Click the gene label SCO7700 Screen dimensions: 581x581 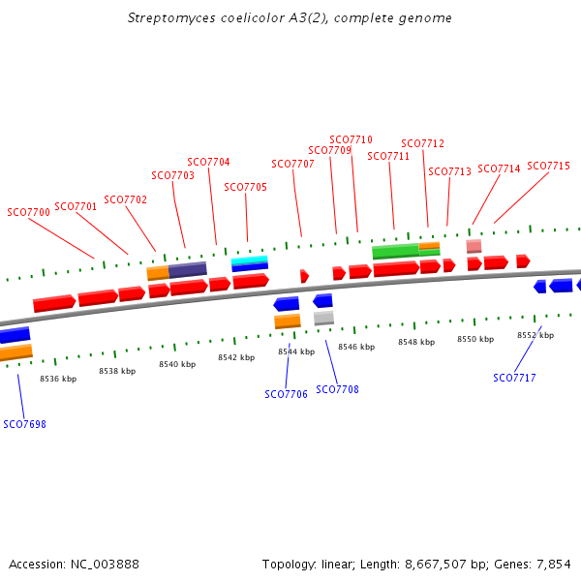[28, 212]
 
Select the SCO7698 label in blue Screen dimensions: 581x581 [24, 424]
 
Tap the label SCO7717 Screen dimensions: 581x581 [514, 378]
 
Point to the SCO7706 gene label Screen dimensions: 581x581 [286, 394]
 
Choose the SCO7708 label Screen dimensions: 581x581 [338, 389]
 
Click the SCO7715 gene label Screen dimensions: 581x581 [549, 166]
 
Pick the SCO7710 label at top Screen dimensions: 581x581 [351, 139]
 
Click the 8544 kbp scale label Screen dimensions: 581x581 [296, 352]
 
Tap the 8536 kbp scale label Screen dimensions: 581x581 [58, 379]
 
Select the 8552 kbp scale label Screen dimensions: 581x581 [535, 335]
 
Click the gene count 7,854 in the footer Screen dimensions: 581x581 [553, 564]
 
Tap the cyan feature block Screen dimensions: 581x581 [250, 260]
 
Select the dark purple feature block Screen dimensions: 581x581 [188, 268]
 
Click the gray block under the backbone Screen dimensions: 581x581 [323, 318]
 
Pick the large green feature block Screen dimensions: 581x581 [395, 251]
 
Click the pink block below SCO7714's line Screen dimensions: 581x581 [474, 246]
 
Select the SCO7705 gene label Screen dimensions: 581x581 [245, 187]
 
